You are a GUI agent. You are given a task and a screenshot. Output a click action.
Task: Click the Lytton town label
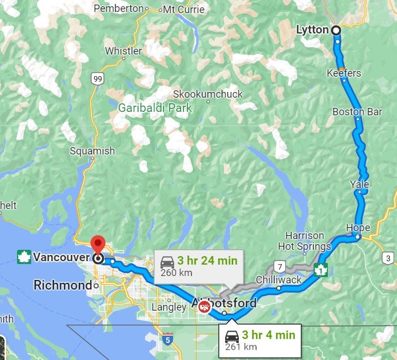312,30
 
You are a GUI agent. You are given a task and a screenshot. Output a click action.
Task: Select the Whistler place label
123,51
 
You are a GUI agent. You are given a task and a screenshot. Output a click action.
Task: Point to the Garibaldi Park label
155,108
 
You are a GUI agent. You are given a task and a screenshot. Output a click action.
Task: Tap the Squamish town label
92,151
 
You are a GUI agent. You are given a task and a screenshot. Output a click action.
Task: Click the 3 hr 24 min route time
206,261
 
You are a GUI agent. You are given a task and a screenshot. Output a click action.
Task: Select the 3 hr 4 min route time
268,334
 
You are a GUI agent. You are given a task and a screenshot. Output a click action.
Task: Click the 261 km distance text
242,347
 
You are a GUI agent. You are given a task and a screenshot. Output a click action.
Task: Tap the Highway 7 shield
280,265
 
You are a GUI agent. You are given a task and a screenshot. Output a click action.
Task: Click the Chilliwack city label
278,280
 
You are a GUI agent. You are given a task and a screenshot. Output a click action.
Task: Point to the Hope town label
358,228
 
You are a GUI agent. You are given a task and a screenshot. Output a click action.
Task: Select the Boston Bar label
357,112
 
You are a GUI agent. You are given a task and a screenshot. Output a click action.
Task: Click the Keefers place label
344,73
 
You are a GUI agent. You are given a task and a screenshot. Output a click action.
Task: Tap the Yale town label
360,185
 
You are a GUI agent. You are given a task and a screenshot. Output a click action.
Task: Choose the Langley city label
169,307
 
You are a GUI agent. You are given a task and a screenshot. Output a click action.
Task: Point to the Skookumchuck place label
207,94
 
